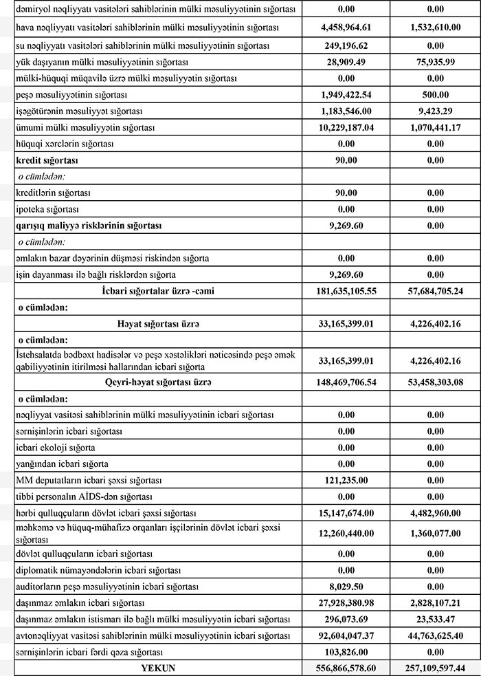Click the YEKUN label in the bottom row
click(x=159, y=668)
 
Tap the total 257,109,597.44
click(x=434, y=668)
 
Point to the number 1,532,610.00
click(x=434, y=28)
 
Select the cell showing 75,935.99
click(x=434, y=61)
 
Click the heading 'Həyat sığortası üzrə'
click(x=159, y=323)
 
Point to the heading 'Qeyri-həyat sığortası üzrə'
click(x=159, y=382)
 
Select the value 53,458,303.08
click(x=434, y=382)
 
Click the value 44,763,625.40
click(x=434, y=635)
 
